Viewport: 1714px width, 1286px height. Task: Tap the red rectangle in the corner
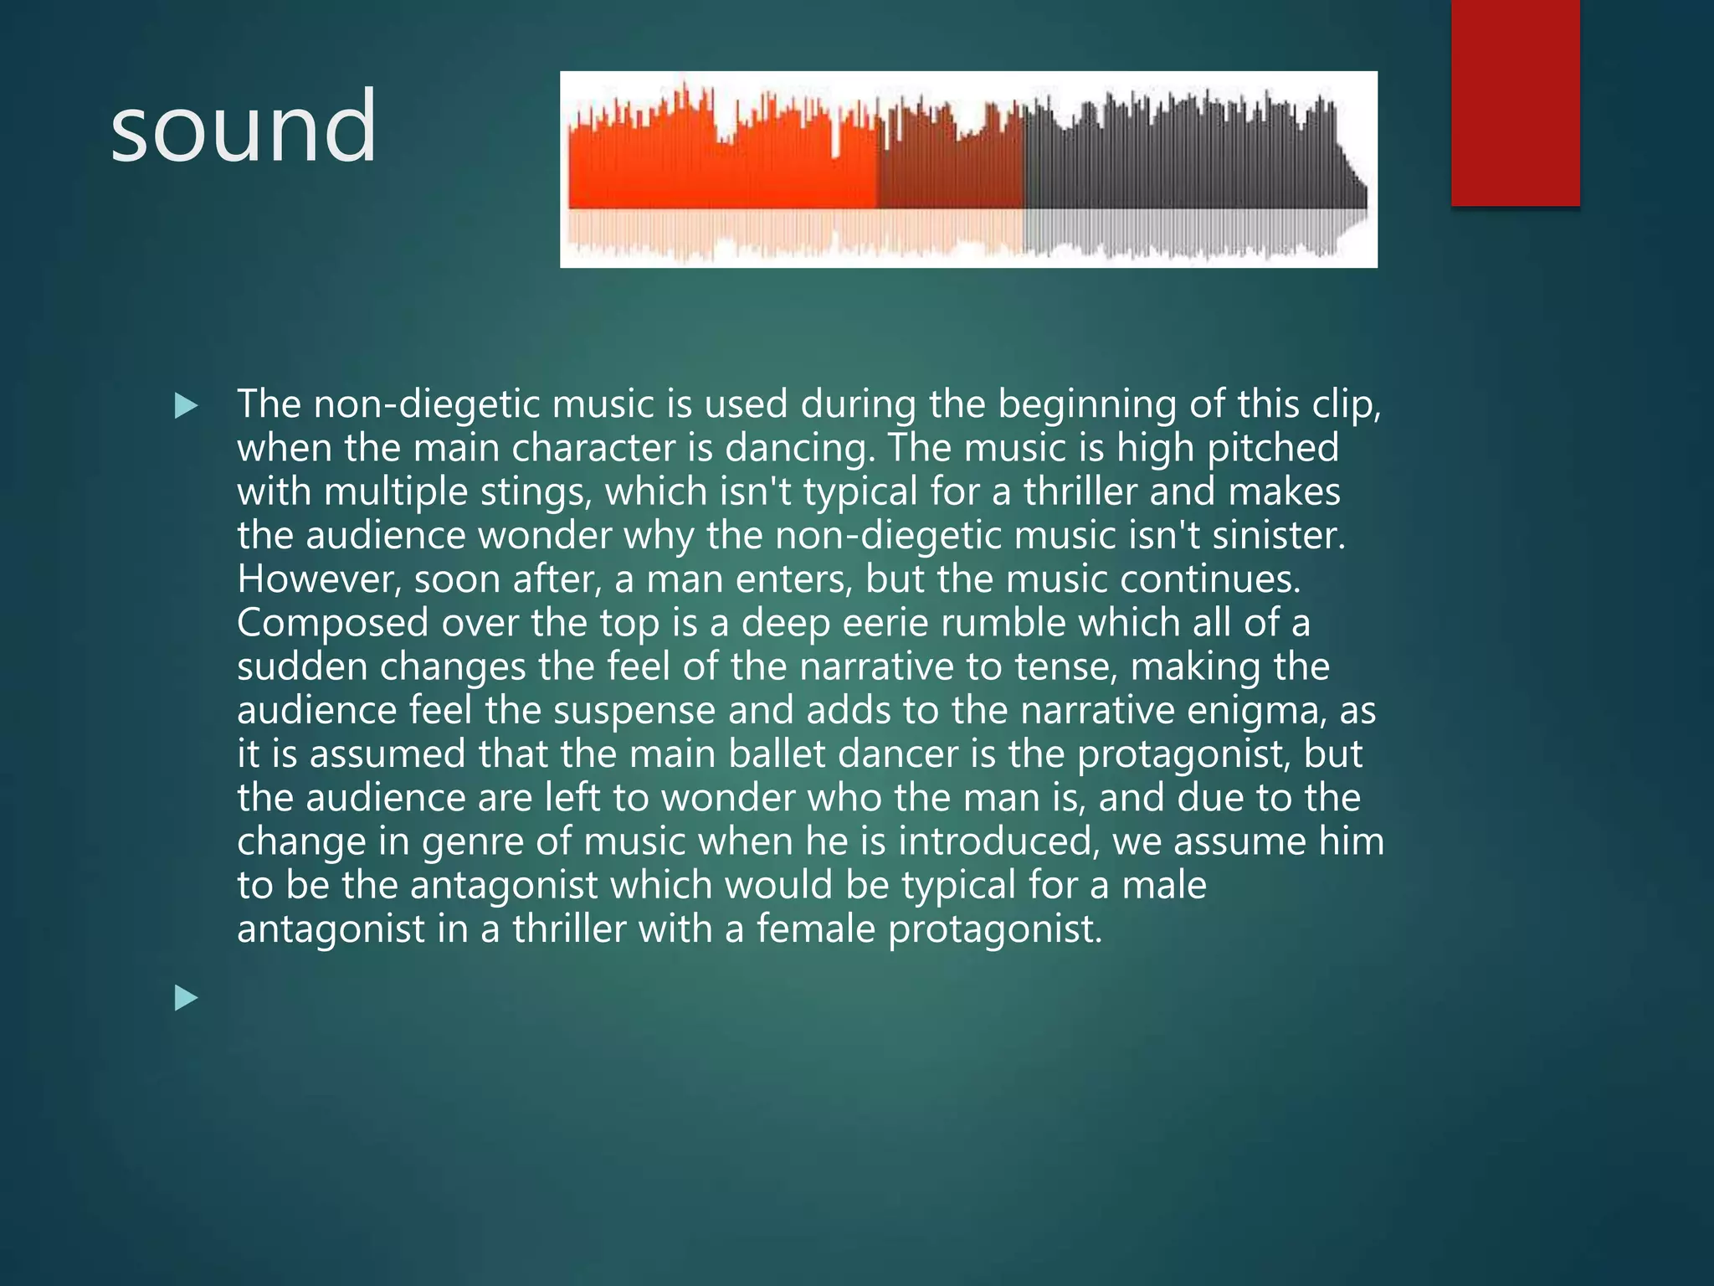point(1515,102)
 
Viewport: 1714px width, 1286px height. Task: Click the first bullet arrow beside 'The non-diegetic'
point(186,406)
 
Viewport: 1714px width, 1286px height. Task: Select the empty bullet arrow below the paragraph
point(186,998)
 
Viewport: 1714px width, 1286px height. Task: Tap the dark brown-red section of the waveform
point(950,172)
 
